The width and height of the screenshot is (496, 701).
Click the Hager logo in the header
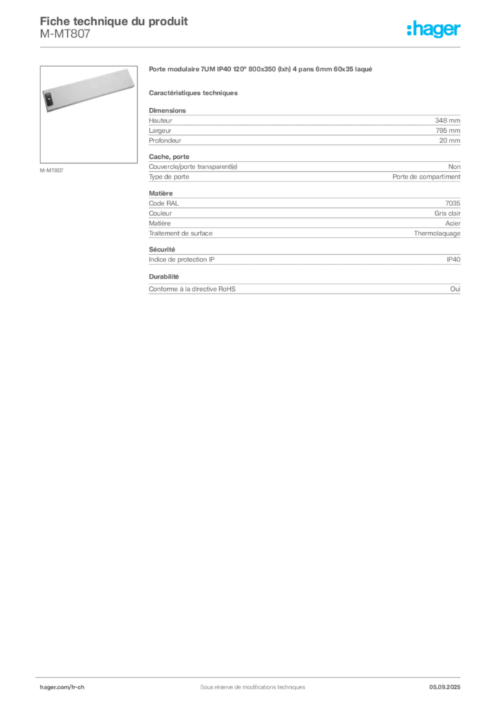coord(434,29)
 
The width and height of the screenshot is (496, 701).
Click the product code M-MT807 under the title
coord(65,34)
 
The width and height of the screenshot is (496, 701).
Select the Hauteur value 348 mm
coord(447,120)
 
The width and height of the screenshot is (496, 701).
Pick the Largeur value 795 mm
coord(447,131)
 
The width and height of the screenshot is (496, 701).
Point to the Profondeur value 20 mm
coord(449,140)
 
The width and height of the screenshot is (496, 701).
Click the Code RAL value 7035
coord(453,203)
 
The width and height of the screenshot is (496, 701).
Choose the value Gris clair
coord(447,214)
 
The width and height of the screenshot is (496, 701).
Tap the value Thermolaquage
coord(437,233)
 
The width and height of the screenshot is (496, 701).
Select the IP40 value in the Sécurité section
coord(454,259)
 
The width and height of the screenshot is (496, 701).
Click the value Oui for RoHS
coord(455,289)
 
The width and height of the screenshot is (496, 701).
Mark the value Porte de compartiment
coord(426,177)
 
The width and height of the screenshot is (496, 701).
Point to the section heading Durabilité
coord(164,277)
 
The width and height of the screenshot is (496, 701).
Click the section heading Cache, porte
coord(169,157)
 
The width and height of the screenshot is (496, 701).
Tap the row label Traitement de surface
coord(181,233)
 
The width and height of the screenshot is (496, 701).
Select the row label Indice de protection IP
coord(182,259)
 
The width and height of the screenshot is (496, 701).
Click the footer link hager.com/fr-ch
coord(62,687)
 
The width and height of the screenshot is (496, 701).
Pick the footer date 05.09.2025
coord(445,687)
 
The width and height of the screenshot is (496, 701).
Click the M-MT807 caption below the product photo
coord(51,170)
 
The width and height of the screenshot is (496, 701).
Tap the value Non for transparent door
coord(454,166)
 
